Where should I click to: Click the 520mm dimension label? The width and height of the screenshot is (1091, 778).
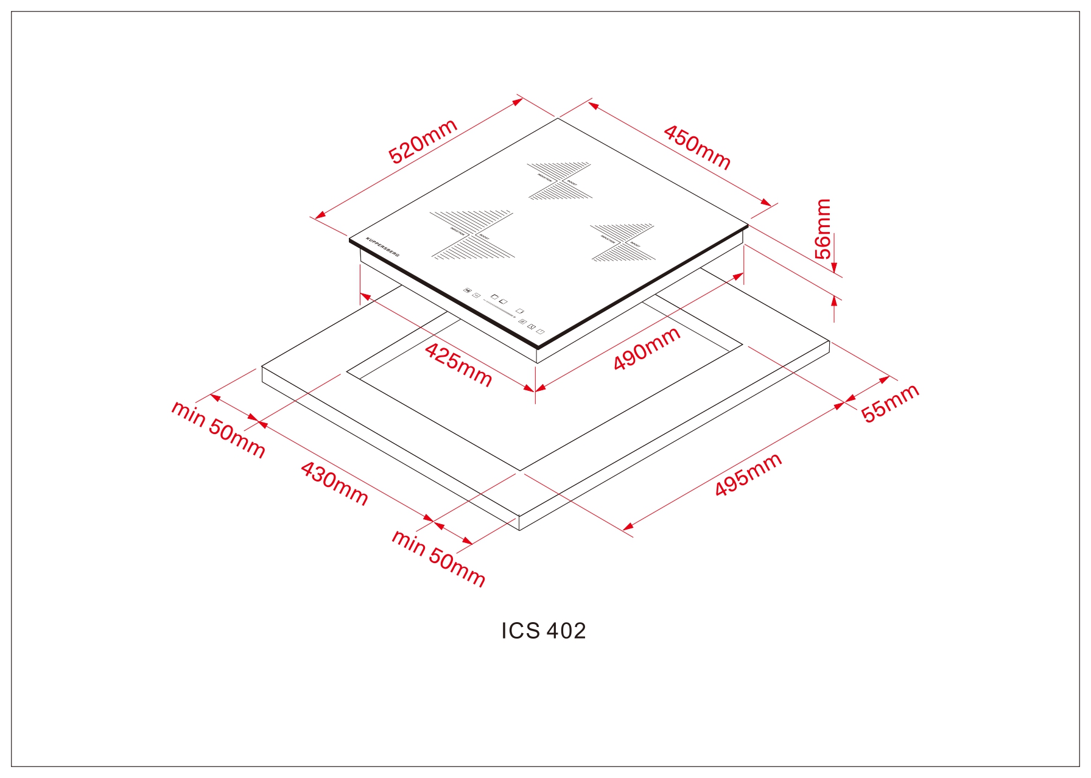tap(423, 141)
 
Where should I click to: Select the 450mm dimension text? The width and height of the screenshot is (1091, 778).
tap(697, 147)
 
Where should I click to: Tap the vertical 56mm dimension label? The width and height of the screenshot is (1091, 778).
tap(823, 229)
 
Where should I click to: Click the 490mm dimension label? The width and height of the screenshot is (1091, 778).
tap(647, 349)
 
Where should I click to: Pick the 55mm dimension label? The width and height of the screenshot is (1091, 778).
tap(889, 403)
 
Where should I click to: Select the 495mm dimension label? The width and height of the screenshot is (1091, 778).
tap(748, 475)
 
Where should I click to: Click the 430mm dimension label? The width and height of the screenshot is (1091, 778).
tap(334, 484)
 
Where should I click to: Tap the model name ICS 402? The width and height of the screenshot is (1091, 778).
tap(544, 631)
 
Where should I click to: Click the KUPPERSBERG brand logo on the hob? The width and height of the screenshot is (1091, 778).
tap(382, 246)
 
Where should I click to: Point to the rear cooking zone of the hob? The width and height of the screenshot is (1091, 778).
tap(559, 181)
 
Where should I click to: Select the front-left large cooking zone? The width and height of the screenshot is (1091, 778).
tap(472, 235)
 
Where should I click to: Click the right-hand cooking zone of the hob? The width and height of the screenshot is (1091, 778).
tap(622, 242)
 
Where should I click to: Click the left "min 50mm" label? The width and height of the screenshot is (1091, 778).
tap(218, 429)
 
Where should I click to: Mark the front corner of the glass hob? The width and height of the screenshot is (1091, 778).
tap(538, 347)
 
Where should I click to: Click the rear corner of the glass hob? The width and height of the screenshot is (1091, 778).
tap(558, 118)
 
